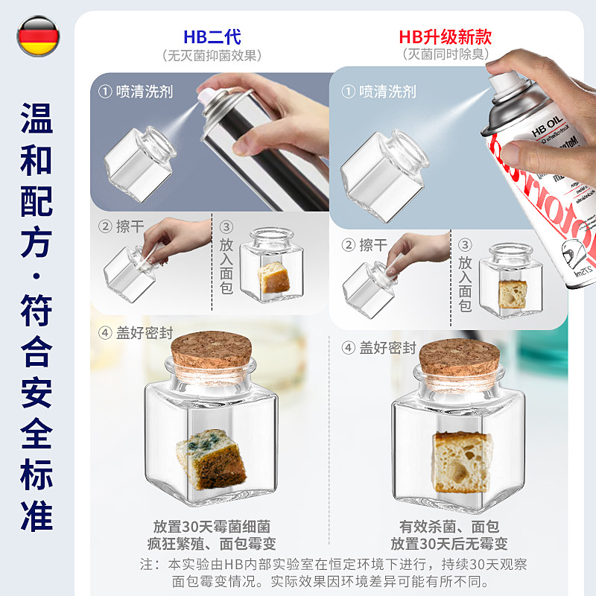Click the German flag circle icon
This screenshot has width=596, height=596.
38,37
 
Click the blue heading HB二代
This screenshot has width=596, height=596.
212,37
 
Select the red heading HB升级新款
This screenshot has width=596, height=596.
445,37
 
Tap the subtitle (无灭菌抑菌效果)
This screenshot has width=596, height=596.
212,55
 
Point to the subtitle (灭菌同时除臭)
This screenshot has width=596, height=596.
445,55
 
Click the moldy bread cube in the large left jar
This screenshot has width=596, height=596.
211,455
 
